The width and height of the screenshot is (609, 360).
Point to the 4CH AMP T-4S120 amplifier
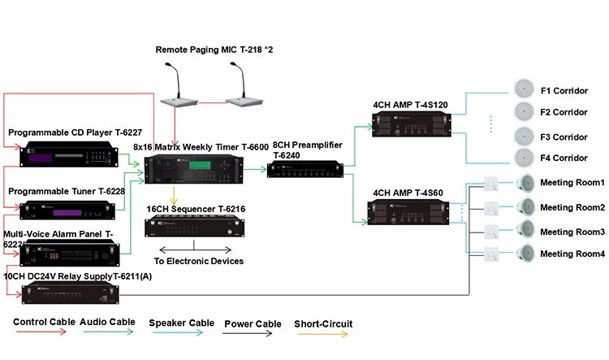coord(411,123)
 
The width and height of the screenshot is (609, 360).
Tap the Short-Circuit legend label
coord(323,322)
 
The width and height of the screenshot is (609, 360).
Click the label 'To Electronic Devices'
coord(199,261)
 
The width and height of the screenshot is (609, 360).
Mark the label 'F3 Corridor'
coord(564,137)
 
